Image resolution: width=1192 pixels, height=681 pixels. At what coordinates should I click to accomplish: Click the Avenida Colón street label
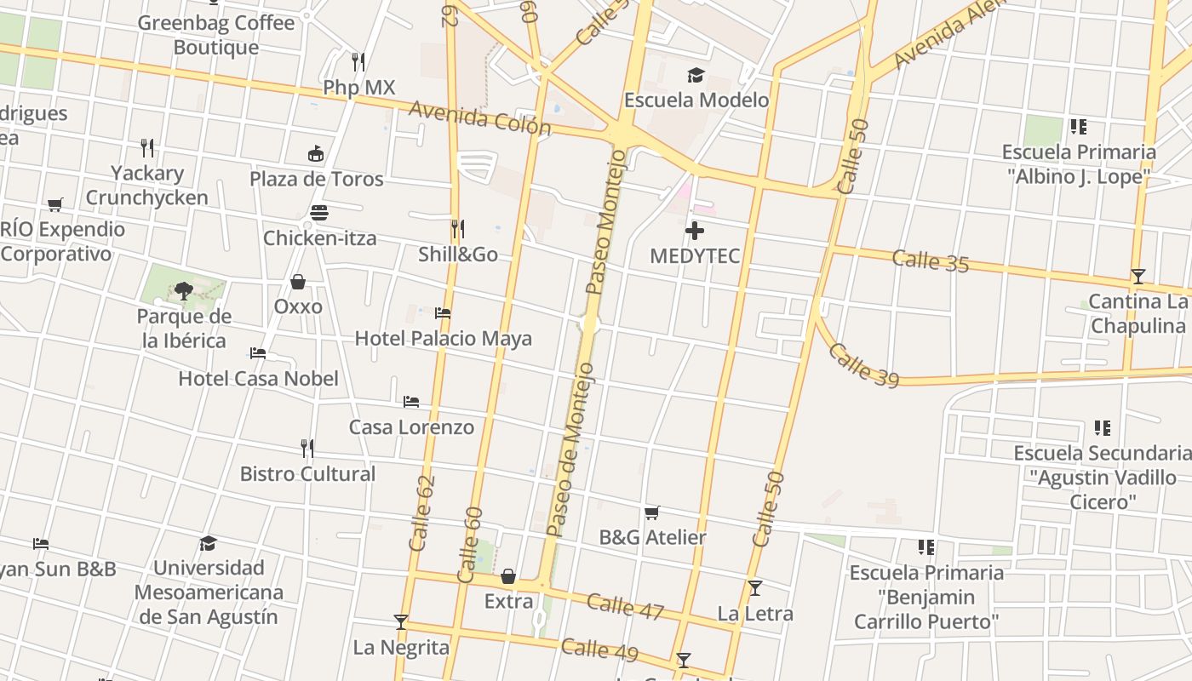click(480, 117)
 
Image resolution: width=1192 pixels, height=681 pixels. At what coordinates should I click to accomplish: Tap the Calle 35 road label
click(931, 260)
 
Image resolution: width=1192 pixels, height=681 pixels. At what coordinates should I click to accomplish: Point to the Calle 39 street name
click(863, 365)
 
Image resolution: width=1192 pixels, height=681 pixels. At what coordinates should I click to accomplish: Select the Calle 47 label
click(625, 605)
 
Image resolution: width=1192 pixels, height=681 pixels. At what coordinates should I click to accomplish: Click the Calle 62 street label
click(422, 512)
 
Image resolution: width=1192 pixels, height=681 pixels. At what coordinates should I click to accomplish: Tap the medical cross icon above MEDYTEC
click(695, 231)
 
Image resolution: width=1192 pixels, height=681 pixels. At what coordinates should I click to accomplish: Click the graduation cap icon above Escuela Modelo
click(696, 75)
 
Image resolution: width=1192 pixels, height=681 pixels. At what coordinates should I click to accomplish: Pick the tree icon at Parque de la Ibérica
click(183, 291)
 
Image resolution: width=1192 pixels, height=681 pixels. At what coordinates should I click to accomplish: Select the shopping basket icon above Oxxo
click(298, 282)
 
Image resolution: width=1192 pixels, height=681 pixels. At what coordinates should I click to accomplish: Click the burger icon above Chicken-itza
click(319, 213)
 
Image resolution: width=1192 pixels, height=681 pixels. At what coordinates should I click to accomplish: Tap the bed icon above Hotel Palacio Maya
click(443, 313)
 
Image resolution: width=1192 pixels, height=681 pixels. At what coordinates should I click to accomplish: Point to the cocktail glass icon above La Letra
click(754, 588)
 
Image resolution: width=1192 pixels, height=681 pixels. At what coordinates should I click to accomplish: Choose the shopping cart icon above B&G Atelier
click(652, 512)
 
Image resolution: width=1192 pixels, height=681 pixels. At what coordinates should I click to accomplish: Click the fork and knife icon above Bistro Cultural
click(307, 448)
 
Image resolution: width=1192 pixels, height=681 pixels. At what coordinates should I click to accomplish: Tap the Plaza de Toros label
click(317, 179)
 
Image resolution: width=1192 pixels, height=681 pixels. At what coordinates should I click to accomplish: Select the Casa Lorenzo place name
click(411, 426)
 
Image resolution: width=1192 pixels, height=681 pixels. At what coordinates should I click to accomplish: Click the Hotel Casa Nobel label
click(258, 378)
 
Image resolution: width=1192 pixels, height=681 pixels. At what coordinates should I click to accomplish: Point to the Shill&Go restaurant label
click(458, 254)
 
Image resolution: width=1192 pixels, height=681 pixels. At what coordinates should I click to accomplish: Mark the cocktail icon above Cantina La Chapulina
click(1138, 277)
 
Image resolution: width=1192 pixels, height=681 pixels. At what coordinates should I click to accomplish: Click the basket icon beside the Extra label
click(508, 577)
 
